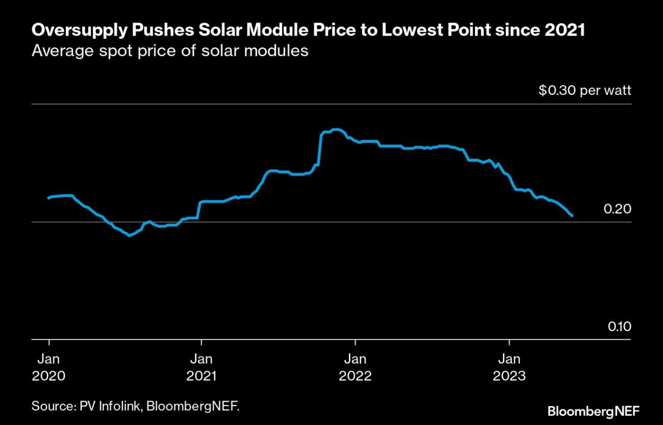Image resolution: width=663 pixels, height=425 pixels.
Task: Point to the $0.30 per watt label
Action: click(585, 91)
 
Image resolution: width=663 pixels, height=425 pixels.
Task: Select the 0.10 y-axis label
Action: click(619, 327)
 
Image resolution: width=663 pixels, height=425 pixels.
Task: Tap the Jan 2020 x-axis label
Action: click(48, 367)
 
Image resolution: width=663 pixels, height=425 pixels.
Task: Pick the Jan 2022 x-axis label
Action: click(355, 367)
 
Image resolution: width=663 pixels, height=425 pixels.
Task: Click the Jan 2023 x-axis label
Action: click(508, 367)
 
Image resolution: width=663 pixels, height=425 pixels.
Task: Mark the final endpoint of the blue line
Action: click(572, 216)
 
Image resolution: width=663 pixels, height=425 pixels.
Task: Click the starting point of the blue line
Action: click(48, 198)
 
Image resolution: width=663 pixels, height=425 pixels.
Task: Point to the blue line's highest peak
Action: click(335, 130)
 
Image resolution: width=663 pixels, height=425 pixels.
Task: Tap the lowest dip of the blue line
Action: click(130, 235)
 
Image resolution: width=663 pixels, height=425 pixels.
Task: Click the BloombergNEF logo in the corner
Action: click(593, 411)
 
